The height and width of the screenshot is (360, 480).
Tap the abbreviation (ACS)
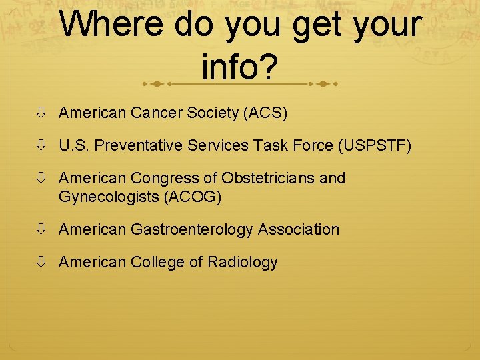pos(266,113)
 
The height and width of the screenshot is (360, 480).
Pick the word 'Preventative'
pos(140,146)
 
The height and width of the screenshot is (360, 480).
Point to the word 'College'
pos(158,263)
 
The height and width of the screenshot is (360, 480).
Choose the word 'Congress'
pos(163,179)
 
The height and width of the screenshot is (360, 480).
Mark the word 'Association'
pos(299,230)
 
